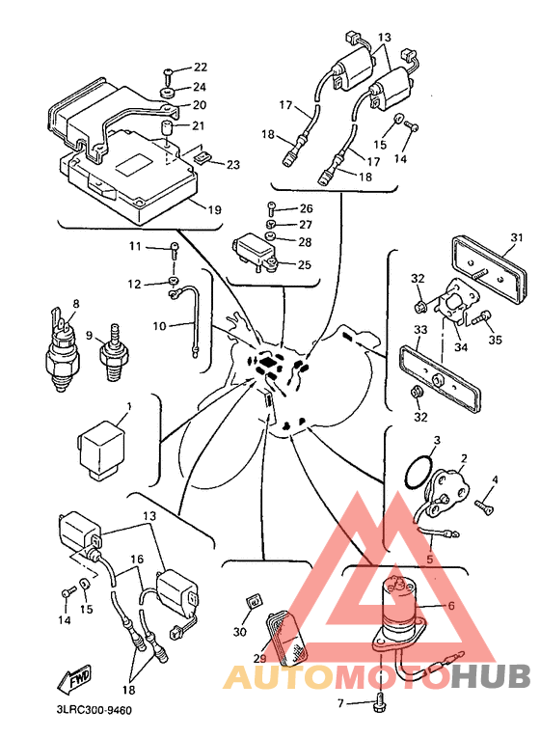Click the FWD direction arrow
tap(74, 679)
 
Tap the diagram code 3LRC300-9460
tap(93, 710)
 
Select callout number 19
tap(214, 209)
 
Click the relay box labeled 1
tap(101, 451)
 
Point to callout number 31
tap(517, 237)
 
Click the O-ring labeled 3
tap(418, 472)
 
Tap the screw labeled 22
tap(169, 72)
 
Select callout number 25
tap(305, 265)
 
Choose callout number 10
tap(159, 326)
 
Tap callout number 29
tap(260, 659)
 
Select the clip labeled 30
tap(255, 602)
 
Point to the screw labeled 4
tap(483, 506)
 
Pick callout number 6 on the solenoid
tap(451, 605)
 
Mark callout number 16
tap(137, 560)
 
